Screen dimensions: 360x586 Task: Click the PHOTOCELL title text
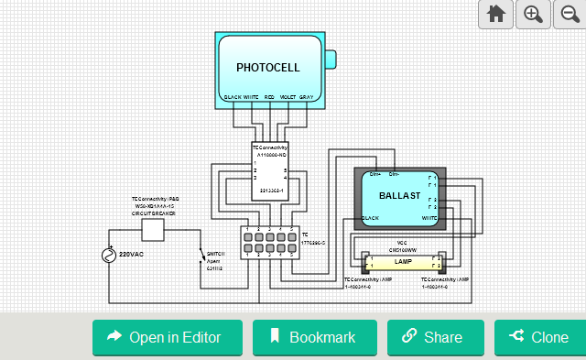[267, 68]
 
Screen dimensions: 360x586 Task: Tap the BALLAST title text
[398, 196]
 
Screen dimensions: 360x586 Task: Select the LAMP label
[403, 262]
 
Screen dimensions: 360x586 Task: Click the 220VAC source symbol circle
[109, 255]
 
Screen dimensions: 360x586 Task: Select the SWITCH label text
[216, 253]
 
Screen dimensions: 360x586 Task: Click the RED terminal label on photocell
[269, 96]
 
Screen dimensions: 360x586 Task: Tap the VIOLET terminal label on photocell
[288, 96]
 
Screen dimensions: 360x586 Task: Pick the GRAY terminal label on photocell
[306, 96]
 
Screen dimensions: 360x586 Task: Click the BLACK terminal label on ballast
[370, 218]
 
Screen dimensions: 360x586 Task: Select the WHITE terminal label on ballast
[429, 218]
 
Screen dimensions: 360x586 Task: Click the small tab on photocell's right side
[331, 59]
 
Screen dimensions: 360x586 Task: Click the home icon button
[496, 14]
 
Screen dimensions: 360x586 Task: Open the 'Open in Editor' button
[167, 337]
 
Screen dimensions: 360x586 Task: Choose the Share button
[435, 337]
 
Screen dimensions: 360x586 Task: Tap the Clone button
[539, 337]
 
